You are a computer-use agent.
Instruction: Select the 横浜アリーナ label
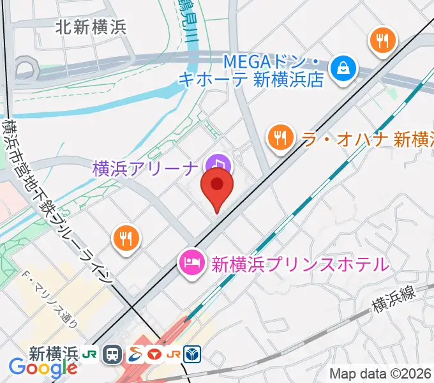(146, 169)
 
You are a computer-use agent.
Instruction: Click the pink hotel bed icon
(191, 262)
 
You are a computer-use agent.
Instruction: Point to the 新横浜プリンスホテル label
(299, 263)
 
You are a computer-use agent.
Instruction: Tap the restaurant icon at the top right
(383, 42)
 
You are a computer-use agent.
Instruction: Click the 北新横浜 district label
(91, 27)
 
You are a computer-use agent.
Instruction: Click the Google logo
(43, 367)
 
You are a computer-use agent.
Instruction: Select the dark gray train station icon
(114, 354)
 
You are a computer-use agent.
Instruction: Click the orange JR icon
(172, 354)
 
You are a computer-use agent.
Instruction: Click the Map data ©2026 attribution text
(380, 373)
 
